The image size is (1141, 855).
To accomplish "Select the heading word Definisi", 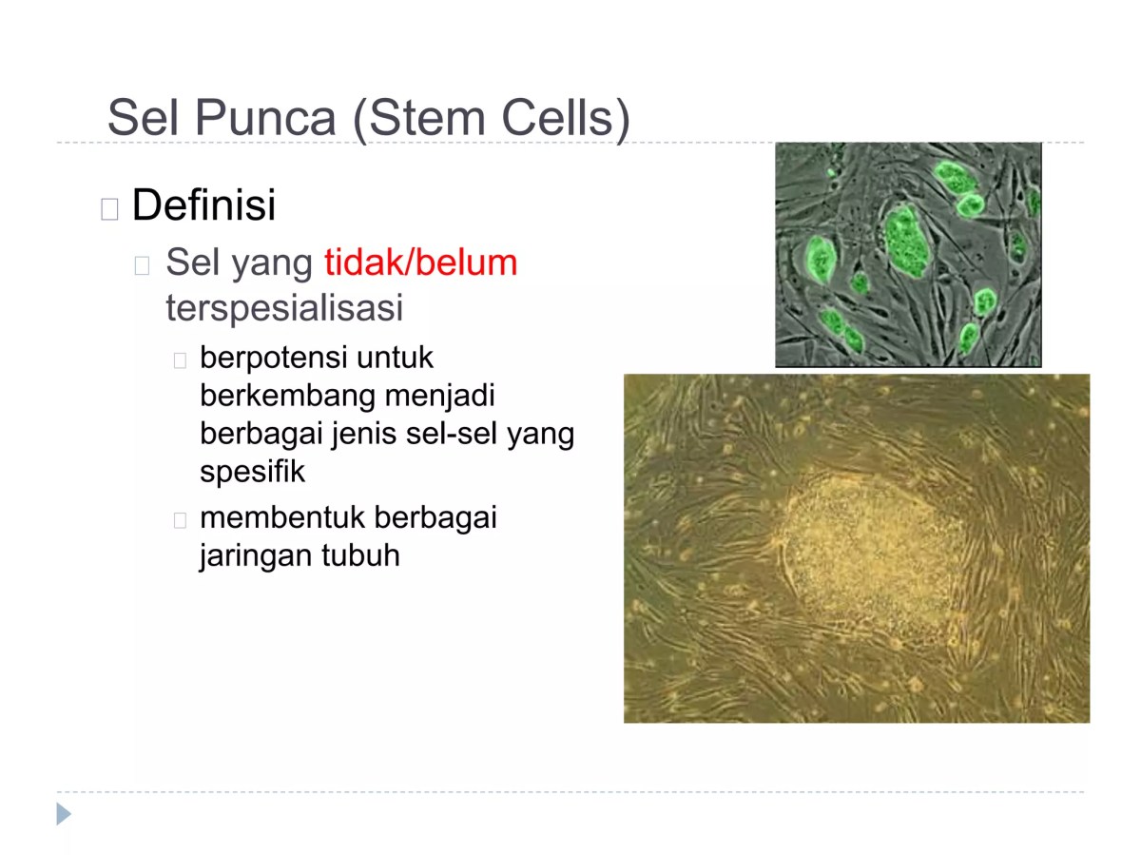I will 203,205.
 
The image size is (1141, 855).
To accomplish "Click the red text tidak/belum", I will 421,262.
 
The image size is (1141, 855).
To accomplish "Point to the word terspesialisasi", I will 284,307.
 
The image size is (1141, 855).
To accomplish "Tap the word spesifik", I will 253,472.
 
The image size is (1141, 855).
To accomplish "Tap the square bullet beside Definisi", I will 109,208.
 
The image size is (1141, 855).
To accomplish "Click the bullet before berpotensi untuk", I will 181,360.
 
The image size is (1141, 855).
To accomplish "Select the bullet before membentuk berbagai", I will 181,520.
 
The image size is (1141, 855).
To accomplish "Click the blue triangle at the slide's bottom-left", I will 64,814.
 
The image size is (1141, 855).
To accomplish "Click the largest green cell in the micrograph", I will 905,241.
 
